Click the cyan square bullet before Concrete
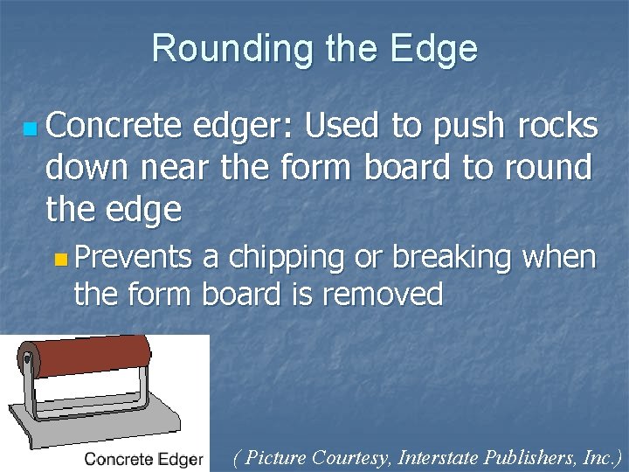(31, 129)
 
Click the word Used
(342, 127)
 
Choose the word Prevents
(133, 258)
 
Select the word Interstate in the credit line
(439, 456)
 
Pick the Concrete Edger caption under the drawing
(144, 459)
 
